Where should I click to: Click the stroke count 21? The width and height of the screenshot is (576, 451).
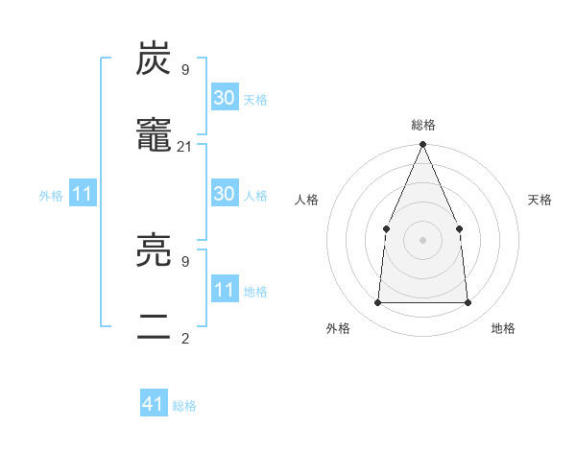(185, 146)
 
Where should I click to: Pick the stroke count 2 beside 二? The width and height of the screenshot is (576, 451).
(185, 338)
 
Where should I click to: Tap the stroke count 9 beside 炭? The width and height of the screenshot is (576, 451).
(185, 69)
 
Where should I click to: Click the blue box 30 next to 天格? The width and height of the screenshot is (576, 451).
(225, 98)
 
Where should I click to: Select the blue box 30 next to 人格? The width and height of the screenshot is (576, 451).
(225, 194)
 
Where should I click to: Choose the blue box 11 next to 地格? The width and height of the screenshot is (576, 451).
(225, 290)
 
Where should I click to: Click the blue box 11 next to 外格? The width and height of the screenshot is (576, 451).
(83, 194)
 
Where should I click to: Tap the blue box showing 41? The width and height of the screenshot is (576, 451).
(154, 404)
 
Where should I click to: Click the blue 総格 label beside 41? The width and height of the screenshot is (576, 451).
(184, 406)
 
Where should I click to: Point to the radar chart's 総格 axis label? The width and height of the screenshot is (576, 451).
(422, 125)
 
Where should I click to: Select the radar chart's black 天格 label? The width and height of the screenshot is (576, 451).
(540, 200)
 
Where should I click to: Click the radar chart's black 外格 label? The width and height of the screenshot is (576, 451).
(338, 328)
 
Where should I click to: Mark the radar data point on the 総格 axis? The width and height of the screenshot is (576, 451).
(422, 146)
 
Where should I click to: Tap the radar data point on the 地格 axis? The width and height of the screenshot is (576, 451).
(468, 302)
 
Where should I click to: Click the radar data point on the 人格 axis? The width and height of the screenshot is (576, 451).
(386, 228)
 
